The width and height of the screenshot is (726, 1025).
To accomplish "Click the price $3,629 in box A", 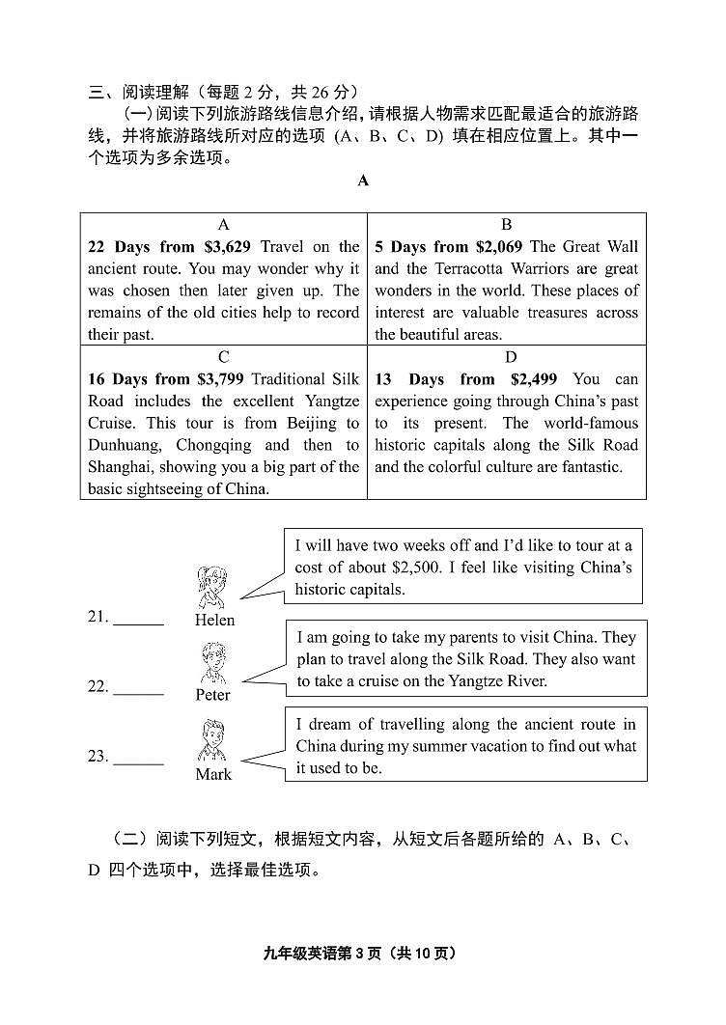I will pyautogui.click(x=228, y=247).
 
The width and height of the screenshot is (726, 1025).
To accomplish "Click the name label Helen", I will pyautogui.click(x=214, y=621).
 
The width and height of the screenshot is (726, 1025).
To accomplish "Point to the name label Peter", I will pyautogui.click(x=213, y=695).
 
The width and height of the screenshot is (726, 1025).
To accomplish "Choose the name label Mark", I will pyautogui.click(x=213, y=774).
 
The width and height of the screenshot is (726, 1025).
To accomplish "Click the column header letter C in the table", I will pyautogui.click(x=224, y=357).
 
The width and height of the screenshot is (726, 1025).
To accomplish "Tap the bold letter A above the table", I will pyautogui.click(x=363, y=180).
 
